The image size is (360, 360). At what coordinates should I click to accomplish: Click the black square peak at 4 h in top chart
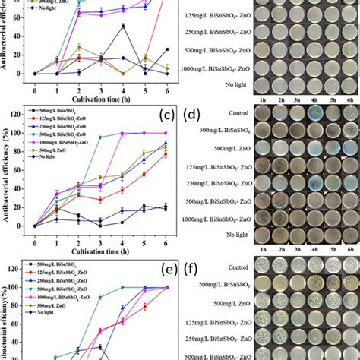tap(123, 26)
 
